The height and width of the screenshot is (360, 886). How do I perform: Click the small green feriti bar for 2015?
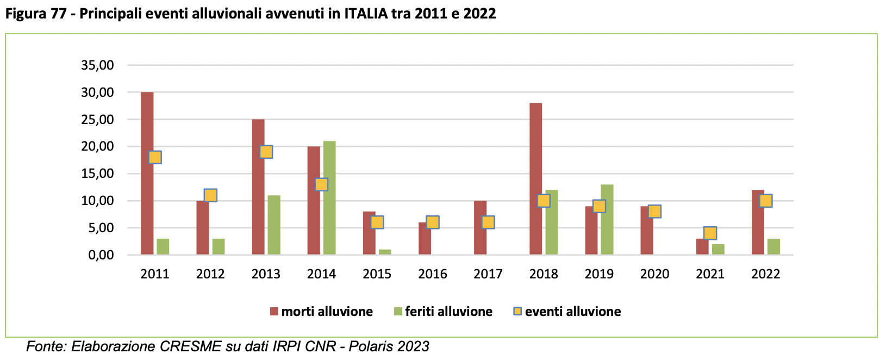point(385,252)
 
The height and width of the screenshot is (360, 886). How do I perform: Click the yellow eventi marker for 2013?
point(266,152)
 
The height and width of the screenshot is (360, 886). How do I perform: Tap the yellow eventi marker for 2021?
point(710,233)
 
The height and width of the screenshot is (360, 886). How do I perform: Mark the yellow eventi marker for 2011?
point(155,157)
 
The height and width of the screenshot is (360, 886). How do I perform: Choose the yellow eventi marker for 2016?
point(433,222)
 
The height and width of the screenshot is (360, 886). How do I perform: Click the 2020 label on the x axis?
point(654,274)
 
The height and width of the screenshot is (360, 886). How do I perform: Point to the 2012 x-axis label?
point(210,274)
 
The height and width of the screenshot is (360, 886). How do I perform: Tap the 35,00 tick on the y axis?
point(97,65)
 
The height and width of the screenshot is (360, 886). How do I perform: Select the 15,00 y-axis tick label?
point(97,173)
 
